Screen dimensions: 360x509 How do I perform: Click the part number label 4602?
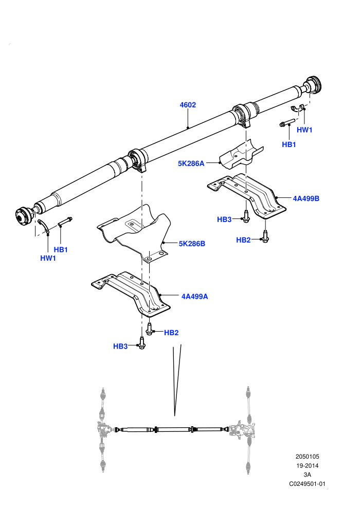(x=188, y=105)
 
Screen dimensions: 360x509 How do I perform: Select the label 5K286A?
(x=191, y=163)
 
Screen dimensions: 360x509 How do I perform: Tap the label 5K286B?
(x=192, y=244)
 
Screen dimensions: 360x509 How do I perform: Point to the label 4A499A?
(x=194, y=296)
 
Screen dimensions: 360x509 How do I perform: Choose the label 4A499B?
(x=306, y=198)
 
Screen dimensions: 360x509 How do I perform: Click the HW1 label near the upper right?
(x=304, y=130)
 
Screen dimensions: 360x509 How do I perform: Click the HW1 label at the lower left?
(x=48, y=258)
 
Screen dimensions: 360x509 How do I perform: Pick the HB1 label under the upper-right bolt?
(x=289, y=144)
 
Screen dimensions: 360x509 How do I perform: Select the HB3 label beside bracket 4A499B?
(x=224, y=220)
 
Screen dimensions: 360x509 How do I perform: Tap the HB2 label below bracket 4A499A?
(x=171, y=333)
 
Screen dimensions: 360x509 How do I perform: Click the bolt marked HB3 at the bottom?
(x=141, y=343)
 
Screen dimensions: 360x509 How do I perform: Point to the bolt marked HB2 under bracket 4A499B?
(x=265, y=237)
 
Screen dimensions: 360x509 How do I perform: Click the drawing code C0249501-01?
(x=307, y=484)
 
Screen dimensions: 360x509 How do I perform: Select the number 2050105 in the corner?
(x=307, y=457)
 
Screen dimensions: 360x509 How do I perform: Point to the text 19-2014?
(x=307, y=465)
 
